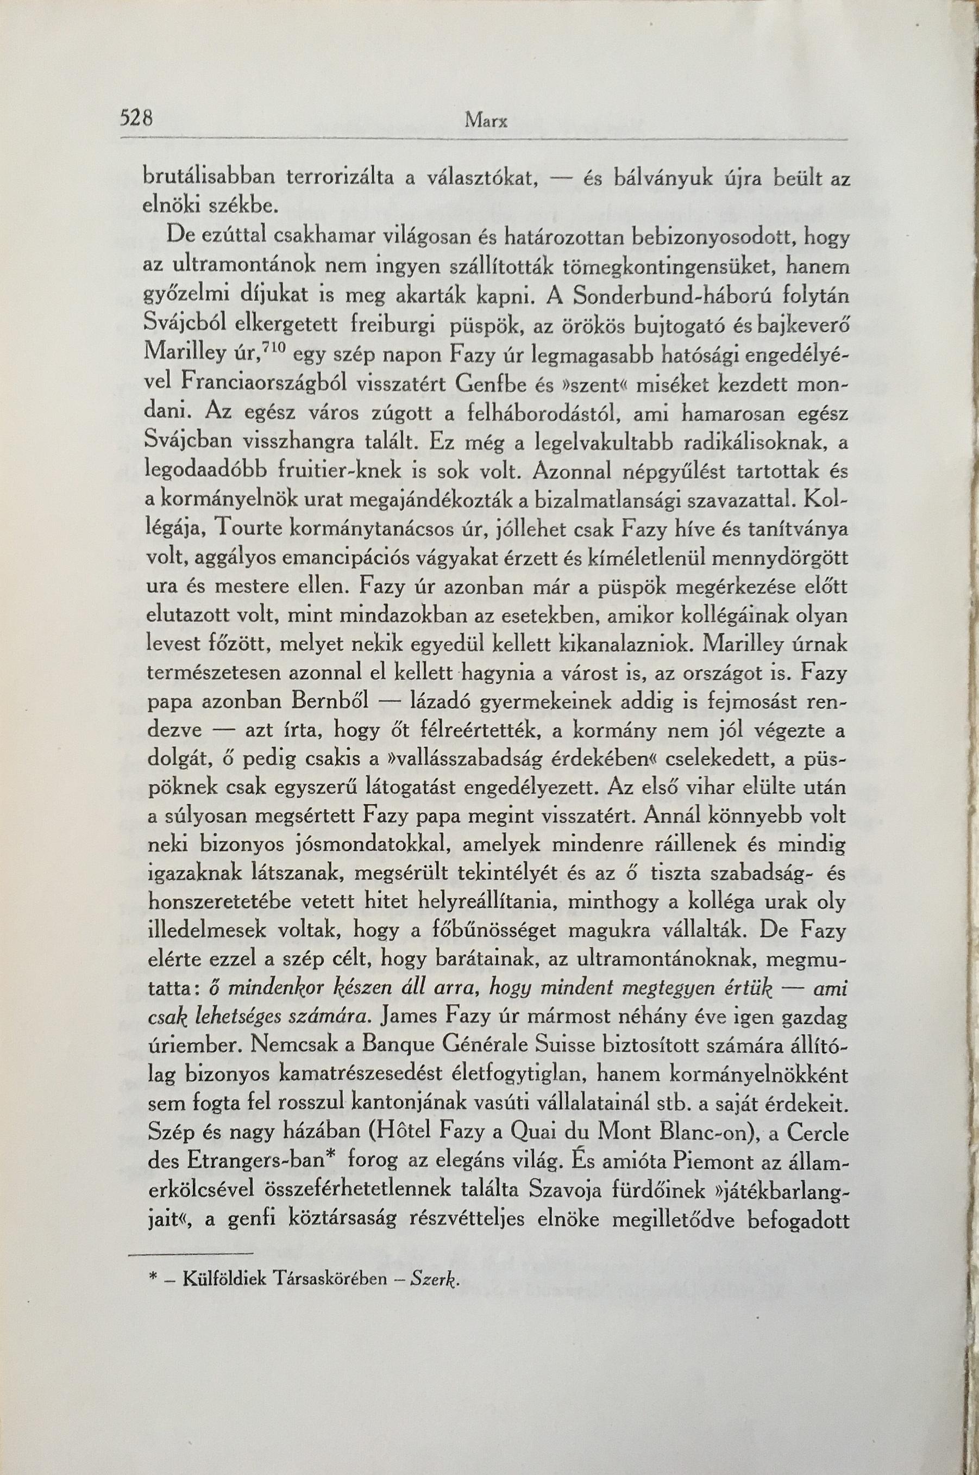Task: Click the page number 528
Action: click(x=137, y=117)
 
